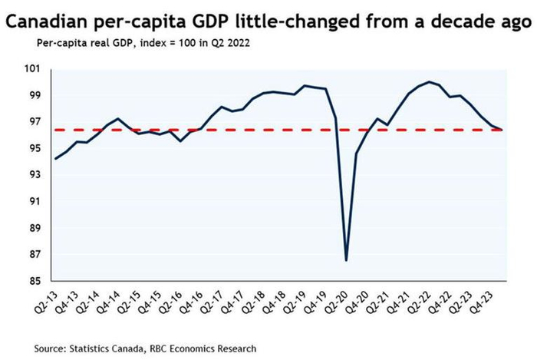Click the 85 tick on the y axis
[35, 281]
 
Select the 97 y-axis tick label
[35, 122]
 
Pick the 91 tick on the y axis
[35, 202]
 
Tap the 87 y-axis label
[35, 255]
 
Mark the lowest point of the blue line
[347, 260]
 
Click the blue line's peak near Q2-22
[430, 81]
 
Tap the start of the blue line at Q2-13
[55, 159]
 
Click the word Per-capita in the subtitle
[59, 42]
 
